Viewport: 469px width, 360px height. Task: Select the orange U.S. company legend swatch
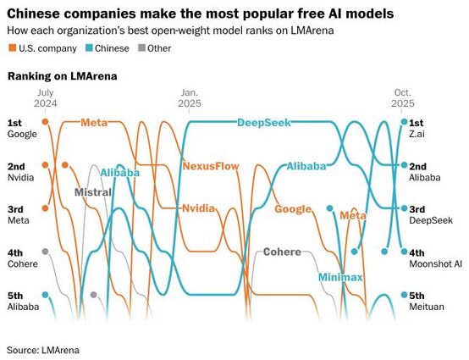click(11, 48)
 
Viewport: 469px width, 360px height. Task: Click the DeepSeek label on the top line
click(263, 122)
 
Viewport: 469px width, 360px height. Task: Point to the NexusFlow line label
click(211, 166)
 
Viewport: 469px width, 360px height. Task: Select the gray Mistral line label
click(92, 192)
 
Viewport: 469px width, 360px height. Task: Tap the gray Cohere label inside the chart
click(282, 252)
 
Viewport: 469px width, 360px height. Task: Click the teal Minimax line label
click(340, 277)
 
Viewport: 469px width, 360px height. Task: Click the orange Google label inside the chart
click(293, 209)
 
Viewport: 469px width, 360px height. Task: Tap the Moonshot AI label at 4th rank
click(434, 263)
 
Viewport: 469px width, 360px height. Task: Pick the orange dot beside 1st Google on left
click(45, 122)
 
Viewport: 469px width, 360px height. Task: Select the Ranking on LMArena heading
click(62, 76)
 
